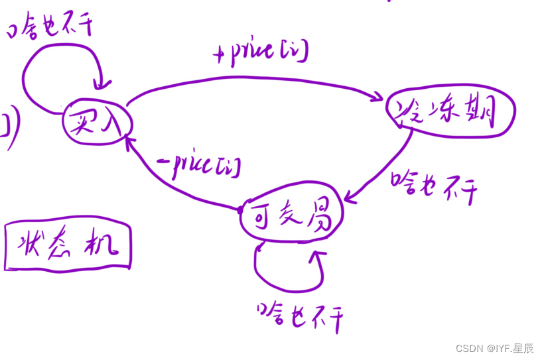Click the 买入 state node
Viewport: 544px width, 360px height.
98,123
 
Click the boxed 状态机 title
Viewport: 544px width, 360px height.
68,247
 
